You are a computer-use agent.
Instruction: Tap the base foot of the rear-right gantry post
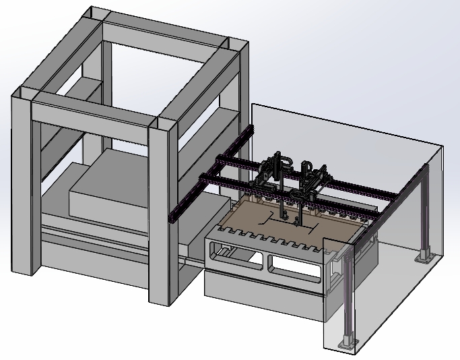424,256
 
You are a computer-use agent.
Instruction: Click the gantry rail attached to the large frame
209,175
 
